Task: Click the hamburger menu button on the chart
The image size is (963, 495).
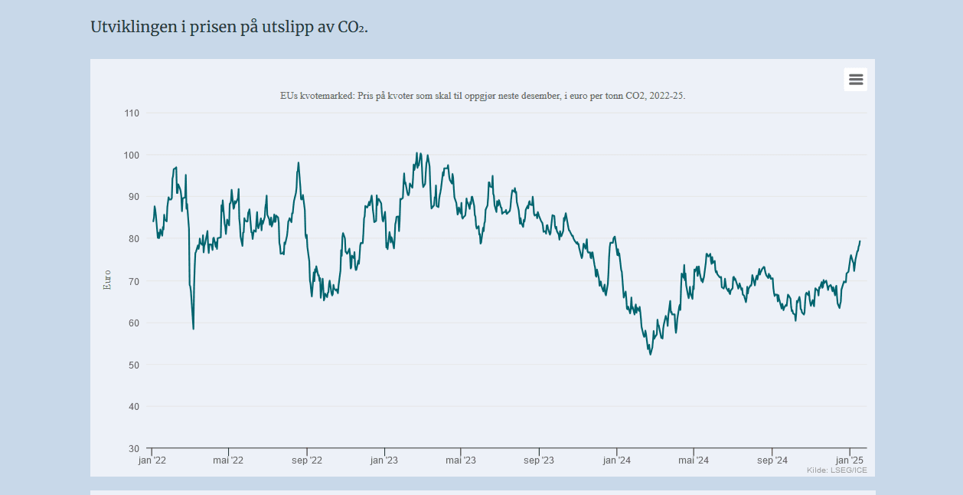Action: (x=855, y=80)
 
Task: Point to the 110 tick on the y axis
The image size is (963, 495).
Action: (x=132, y=113)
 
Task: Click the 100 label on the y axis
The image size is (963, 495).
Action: (x=132, y=156)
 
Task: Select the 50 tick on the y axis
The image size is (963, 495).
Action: (x=133, y=365)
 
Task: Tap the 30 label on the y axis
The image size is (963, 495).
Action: (x=133, y=448)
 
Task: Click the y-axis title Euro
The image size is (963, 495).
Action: (x=107, y=279)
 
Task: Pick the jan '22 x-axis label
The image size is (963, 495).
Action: (x=152, y=461)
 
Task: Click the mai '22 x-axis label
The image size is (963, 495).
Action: (x=227, y=461)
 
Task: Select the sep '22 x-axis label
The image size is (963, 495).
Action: (x=307, y=461)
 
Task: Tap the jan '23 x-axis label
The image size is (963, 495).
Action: (x=384, y=461)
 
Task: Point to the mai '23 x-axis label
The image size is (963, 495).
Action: (x=460, y=461)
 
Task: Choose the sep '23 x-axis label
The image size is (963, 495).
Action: (x=539, y=461)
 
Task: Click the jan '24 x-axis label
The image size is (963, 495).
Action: (x=616, y=461)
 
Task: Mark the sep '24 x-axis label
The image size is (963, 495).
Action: (x=772, y=461)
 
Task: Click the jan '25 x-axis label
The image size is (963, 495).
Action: (x=849, y=461)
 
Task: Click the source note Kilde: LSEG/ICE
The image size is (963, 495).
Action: (x=837, y=470)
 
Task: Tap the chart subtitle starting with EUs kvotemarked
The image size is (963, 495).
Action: (x=482, y=96)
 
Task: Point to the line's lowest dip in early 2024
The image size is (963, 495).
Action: (x=650, y=354)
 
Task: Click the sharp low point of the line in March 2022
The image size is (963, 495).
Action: (x=193, y=329)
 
